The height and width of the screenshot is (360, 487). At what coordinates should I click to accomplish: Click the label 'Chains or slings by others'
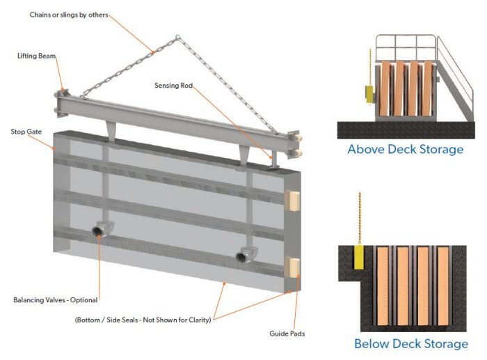coord(68,15)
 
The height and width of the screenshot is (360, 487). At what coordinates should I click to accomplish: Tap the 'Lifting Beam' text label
coord(37,55)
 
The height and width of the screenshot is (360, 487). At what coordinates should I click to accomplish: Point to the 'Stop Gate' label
coord(27,131)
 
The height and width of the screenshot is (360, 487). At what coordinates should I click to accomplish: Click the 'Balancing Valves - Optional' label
coord(56,300)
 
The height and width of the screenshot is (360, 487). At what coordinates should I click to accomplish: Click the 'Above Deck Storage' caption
coord(405,149)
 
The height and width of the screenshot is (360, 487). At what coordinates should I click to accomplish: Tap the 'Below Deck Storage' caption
coord(410,343)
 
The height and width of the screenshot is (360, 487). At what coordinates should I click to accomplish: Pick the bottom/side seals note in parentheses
coord(143,319)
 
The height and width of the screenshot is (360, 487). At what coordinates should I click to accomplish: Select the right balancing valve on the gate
coord(245,256)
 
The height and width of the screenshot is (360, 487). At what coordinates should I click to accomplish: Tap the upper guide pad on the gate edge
coord(293,200)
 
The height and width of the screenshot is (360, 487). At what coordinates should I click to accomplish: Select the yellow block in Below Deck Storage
coord(359,256)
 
